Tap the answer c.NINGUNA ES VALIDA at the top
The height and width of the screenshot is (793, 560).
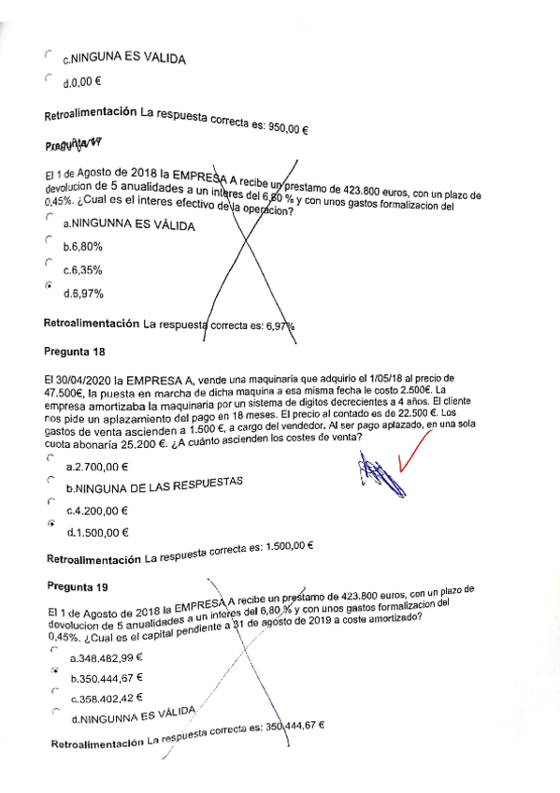(123, 59)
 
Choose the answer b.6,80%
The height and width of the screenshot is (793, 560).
(83, 248)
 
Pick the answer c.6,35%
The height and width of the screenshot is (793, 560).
(83, 271)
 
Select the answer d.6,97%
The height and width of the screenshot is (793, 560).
(83, 294)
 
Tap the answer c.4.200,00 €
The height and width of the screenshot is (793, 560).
(97, 511)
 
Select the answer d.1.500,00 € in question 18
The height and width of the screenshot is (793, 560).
(97, 533)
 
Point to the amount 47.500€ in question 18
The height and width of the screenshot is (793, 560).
(65, 394)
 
